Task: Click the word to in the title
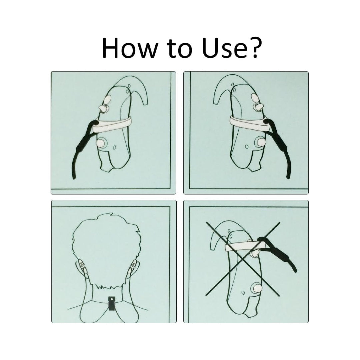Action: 180,49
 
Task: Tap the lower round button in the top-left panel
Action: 101,143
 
